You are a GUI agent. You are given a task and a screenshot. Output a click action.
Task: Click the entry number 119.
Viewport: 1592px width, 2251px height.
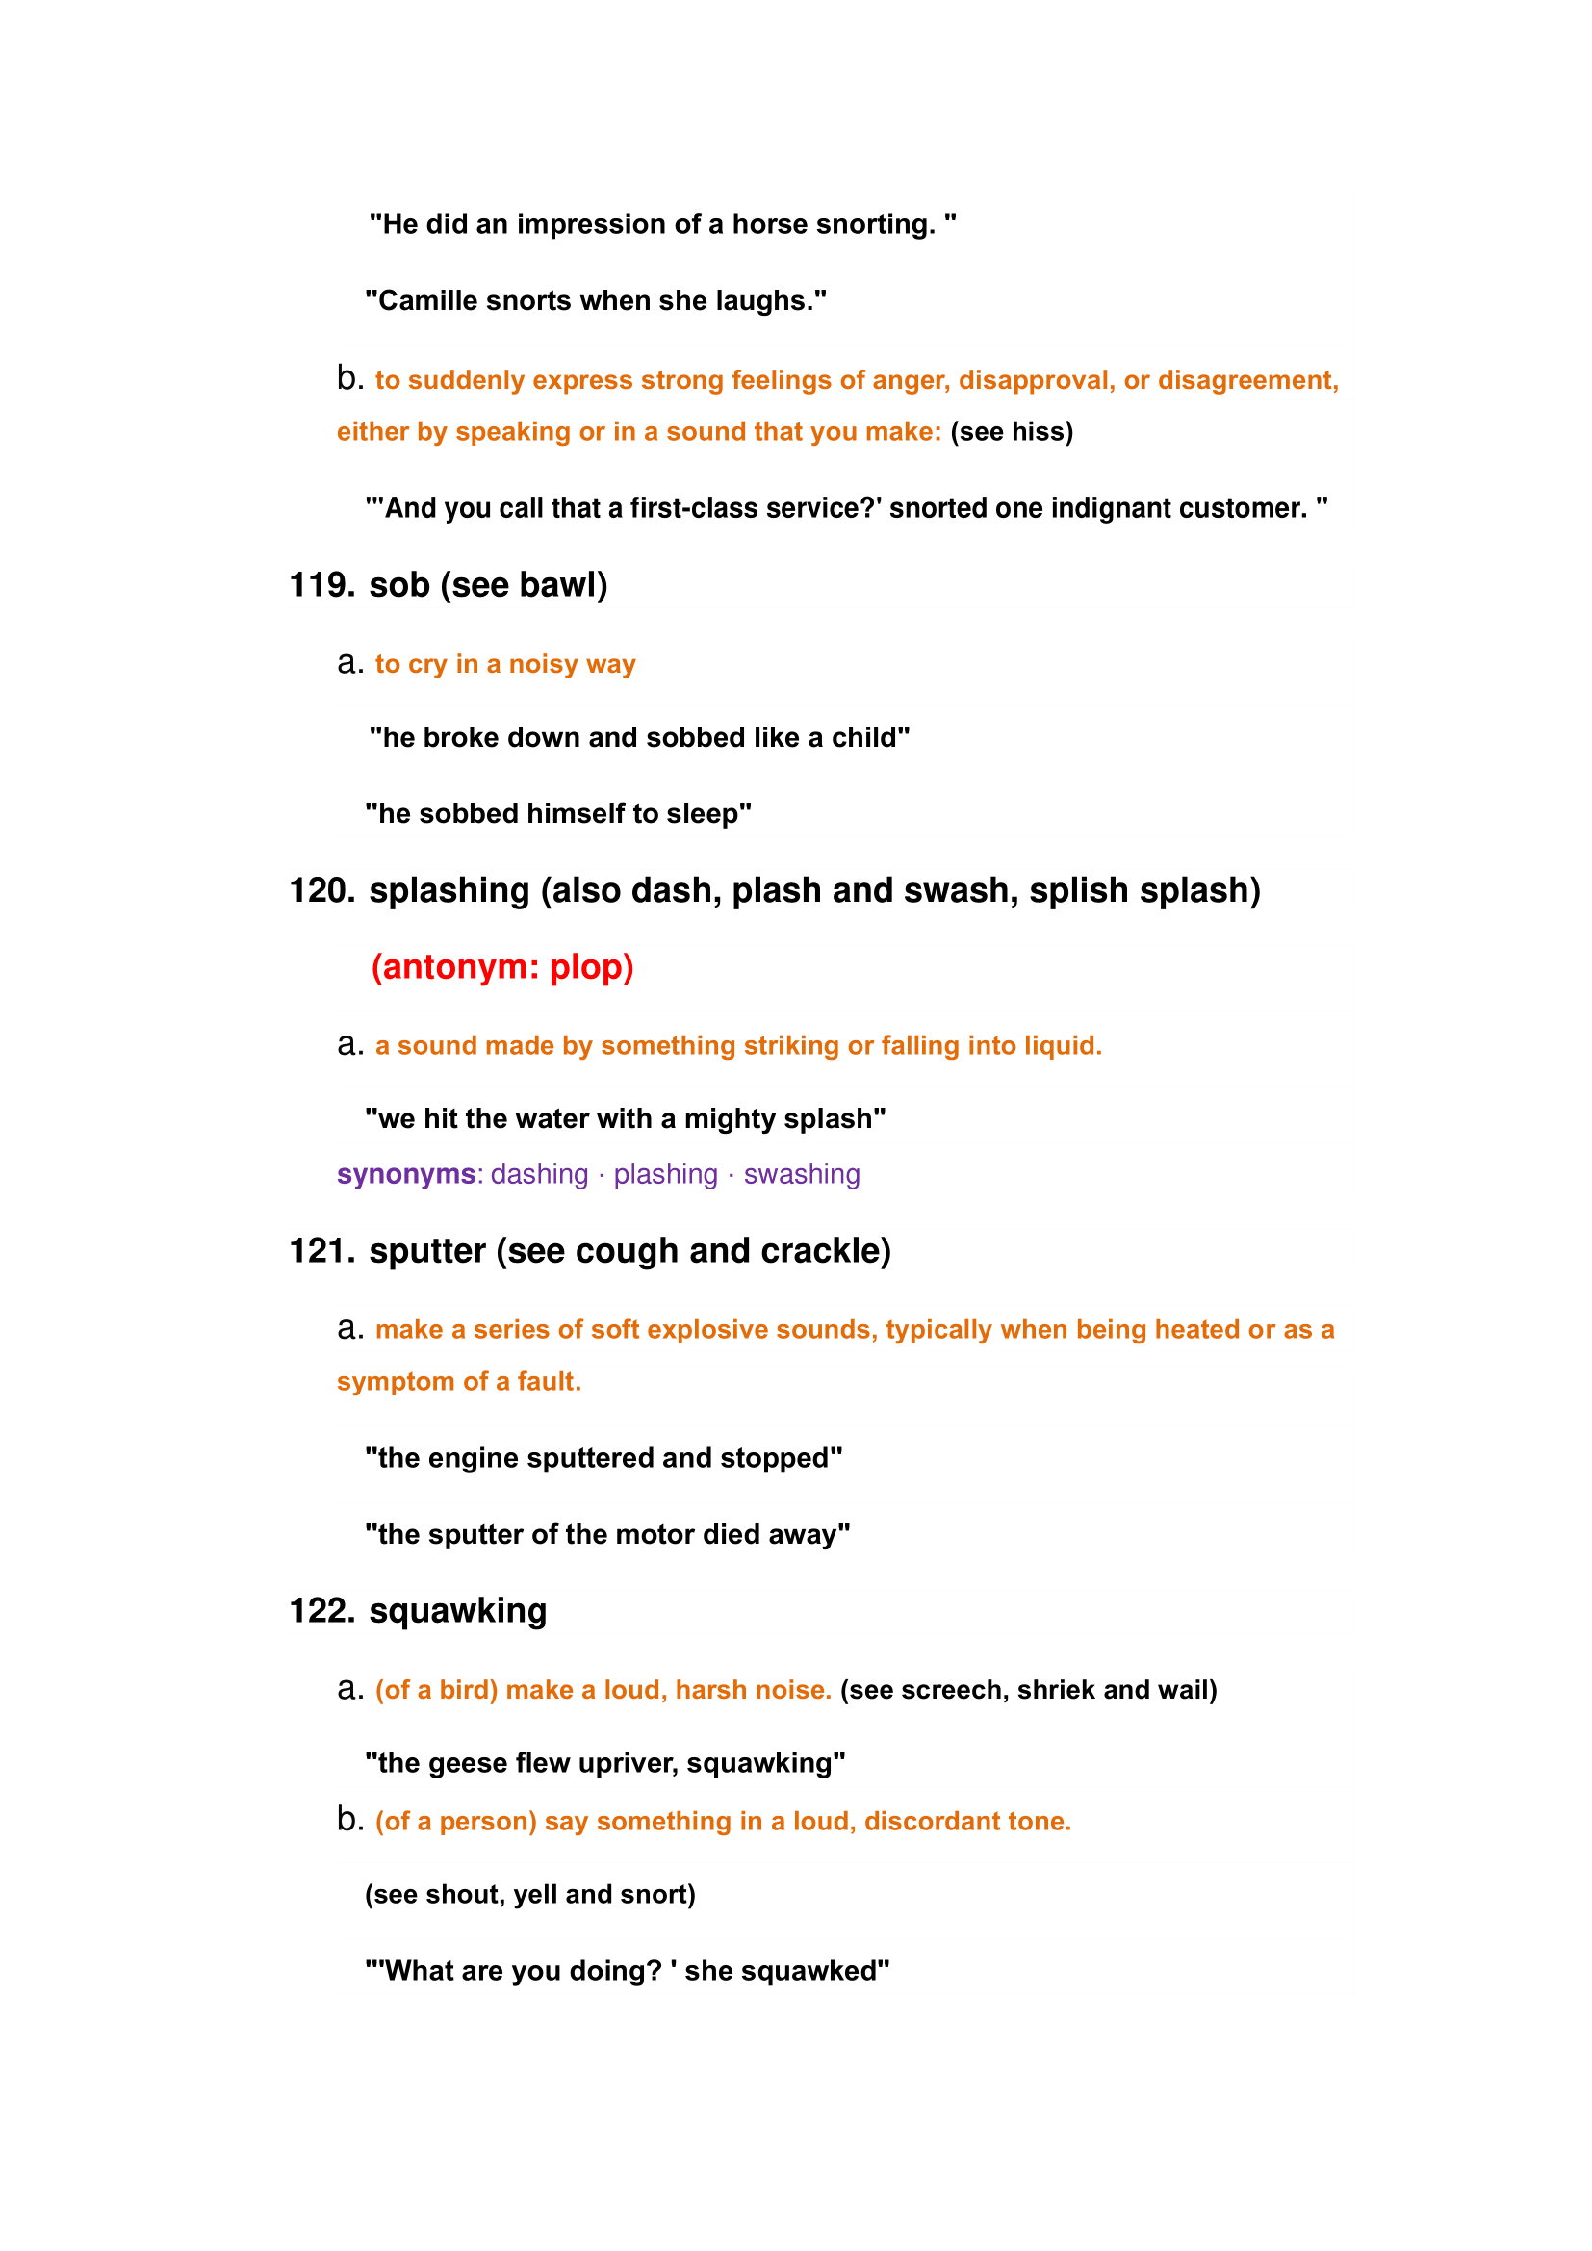321,585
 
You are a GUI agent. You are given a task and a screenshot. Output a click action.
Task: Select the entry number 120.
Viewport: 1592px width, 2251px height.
321,890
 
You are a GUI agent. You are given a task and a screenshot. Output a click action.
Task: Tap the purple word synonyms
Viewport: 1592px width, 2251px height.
406,1173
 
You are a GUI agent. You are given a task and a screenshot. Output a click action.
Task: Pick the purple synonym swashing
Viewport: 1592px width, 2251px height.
801,1173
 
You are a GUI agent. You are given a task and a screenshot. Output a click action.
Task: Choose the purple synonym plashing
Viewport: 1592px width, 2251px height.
666,1173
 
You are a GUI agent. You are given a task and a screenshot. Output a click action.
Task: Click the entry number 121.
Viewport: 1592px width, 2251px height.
321,1251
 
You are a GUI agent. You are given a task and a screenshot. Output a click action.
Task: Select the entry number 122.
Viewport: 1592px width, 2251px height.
321,1611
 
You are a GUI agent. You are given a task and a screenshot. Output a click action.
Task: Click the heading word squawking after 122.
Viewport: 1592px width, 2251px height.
458,1611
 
